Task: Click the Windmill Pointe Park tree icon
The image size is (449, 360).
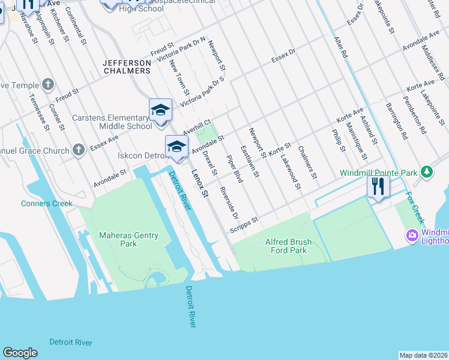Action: (427, 173)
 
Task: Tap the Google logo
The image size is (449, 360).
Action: (20, 353)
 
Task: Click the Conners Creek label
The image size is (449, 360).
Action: (46, 203)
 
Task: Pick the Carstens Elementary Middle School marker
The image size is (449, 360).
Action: (160, 111)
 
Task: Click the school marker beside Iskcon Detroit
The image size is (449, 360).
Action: (176, 147)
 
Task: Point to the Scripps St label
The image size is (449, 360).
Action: (244, 225)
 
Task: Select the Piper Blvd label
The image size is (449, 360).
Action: (234, 169)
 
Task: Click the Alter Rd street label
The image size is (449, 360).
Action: (341, 46)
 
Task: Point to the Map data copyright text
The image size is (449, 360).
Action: (423, 355)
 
